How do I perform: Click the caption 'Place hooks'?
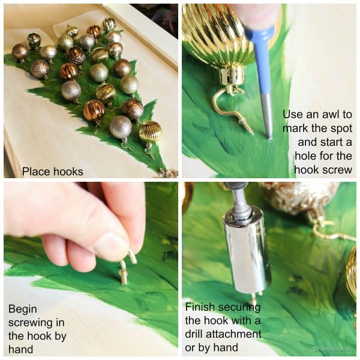(x=53, y=172)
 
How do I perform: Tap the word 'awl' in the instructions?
(x=331, y=114)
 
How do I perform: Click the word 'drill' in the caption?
(x=194, y=334)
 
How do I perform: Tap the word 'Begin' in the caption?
(x=23, y=310)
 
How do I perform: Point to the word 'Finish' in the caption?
(x=199, y=307)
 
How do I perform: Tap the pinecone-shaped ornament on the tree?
(x=77, y=56)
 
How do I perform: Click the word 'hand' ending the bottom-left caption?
(x=20, y=349)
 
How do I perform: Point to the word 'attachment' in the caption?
(x=233, y=334)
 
